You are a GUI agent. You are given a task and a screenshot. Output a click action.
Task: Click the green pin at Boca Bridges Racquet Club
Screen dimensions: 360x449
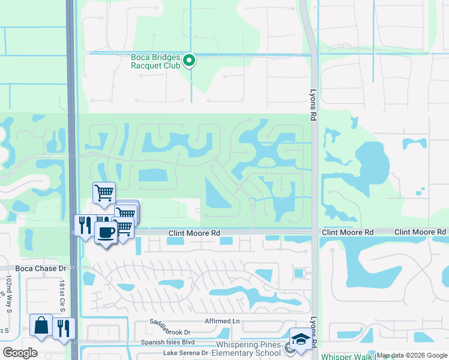click(x=189, y=60)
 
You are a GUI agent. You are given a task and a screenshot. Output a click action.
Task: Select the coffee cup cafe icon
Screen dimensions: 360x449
click(x=106, y=232)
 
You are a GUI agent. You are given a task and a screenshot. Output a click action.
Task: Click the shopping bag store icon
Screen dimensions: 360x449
click(x=41, y=326)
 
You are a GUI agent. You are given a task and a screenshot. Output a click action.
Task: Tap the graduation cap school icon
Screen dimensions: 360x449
click(x=300, y=338)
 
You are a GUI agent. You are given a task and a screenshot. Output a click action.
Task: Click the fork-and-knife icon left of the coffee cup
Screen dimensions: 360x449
click(x=84, y=224)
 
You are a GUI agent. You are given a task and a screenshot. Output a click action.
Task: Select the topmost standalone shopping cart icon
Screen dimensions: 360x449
click(x=104, y=193)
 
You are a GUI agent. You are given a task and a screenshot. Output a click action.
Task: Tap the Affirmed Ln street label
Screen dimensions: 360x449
click(x=221, y=321)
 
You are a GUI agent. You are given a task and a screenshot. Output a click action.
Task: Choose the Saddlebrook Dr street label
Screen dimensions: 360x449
click(x=170, y=332)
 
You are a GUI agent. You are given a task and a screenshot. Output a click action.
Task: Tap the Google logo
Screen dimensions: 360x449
click(x=20, y=352)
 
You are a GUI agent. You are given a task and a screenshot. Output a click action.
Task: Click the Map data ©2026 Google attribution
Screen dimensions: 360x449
click(x=412, y=356)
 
